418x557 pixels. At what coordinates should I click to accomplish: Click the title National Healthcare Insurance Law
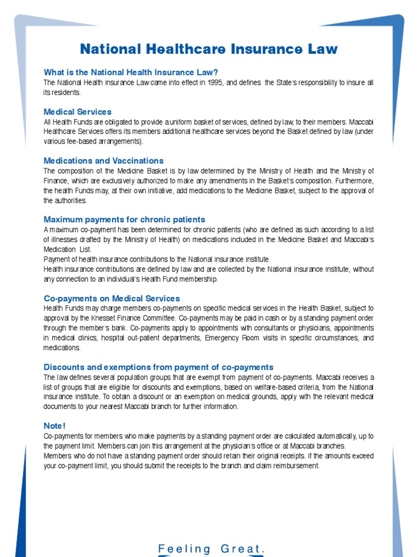point(208,49)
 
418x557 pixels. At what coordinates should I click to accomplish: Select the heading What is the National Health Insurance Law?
point(131,72)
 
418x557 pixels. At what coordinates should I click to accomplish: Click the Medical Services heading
point(77,112)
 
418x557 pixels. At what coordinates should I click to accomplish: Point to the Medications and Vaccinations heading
point(103,160)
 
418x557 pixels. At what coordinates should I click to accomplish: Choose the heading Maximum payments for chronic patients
point(124,219)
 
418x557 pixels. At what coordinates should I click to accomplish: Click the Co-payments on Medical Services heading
point(112,298)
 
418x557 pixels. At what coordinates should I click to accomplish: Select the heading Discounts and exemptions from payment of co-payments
point(158,367)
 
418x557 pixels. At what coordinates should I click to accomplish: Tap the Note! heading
point(54,425)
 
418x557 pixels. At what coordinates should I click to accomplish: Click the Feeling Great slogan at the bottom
point(211,549)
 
